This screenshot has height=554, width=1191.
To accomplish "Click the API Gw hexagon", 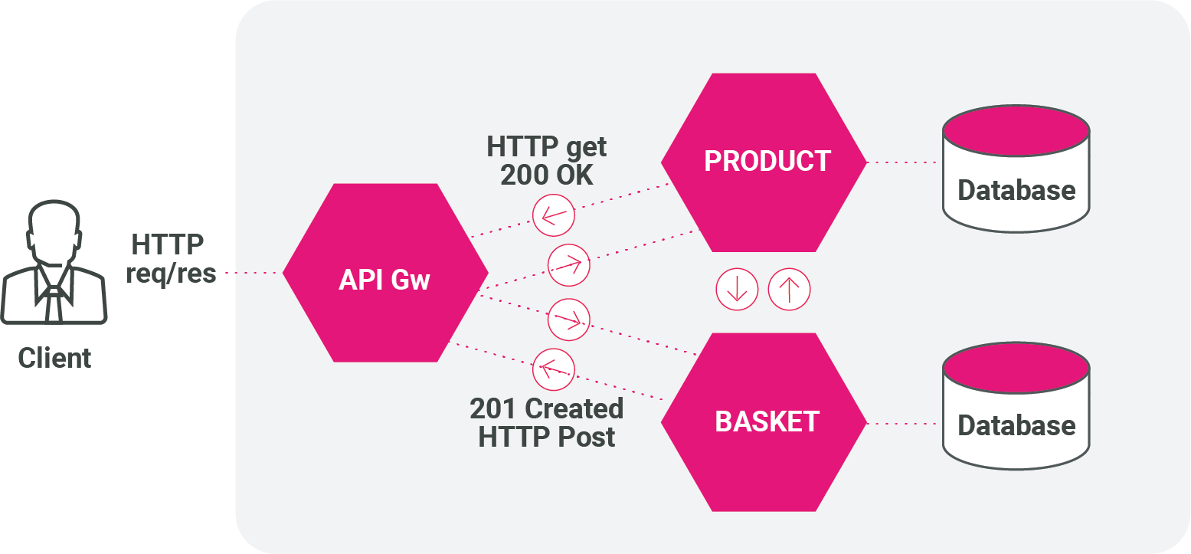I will pos(385,273).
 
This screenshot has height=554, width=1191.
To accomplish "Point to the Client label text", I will pos(54,358).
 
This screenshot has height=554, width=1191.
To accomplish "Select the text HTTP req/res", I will pos(171,259).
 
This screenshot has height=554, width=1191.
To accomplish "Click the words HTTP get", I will pos(546,146).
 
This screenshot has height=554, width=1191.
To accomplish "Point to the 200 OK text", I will pos(546,175).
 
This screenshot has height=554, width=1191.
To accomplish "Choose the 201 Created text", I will pos(546,408).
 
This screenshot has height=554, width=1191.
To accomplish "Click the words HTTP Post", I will pos(546,437).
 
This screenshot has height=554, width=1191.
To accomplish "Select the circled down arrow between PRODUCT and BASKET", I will pos(737,289).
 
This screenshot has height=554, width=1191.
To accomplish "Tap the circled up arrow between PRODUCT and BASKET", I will pos(789,289).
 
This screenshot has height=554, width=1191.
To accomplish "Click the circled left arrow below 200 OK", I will pos(553,215).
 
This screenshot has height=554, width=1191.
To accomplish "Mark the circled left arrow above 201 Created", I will pos(553,368).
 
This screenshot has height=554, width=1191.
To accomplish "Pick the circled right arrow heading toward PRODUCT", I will pos(569,264).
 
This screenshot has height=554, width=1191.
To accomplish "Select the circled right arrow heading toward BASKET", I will pos(569,319).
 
